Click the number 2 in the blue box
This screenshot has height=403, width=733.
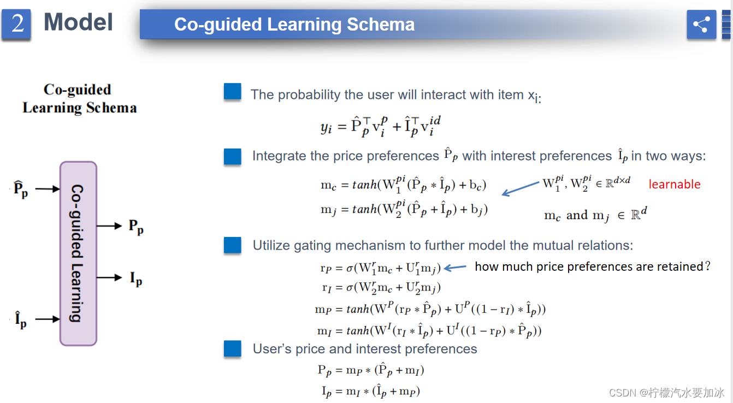[17, 23]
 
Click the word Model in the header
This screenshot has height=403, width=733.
[78, 22]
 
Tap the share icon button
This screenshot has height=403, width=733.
[701, 25]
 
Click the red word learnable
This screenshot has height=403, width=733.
[675, 185]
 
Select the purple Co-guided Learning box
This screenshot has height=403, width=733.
[79, 253]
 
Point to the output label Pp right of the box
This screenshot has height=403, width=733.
[136, 227]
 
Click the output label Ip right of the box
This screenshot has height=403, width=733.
[136, 278]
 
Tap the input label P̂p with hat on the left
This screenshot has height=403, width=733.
[21, 189]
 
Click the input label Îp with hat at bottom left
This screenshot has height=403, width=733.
[21, 319]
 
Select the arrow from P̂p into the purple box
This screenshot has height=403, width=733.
[48, 189]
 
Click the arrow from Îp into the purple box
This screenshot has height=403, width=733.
[48, 319]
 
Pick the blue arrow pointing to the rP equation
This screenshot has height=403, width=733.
[455, 268]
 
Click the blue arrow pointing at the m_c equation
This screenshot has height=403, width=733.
[521, 189]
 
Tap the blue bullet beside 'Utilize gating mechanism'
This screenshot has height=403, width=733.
[233, 245]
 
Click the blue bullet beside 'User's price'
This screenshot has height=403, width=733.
[233, 349]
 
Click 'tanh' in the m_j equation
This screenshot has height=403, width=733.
[364, 209]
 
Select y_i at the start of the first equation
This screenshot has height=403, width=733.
[326, 127]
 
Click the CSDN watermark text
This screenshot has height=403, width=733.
[666, 392]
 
